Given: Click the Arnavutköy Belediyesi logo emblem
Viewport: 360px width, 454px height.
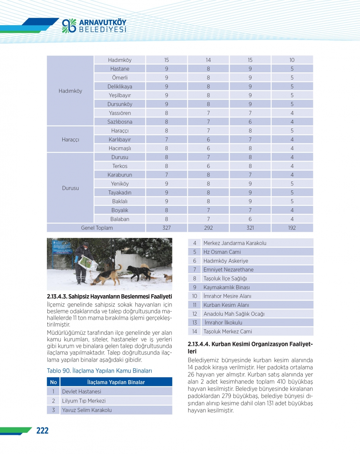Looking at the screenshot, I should point(69,26).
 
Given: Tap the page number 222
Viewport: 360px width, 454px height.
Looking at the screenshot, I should point(42,431).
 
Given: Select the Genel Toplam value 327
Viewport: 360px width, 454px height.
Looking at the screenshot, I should point(166,228).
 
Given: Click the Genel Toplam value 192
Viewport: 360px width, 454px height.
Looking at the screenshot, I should point(292,228).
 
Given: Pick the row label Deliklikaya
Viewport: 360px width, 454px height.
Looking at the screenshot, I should point(120,86).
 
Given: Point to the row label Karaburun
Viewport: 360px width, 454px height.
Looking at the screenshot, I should point(120,175).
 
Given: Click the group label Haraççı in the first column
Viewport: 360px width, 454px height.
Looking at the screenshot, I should point(70,140).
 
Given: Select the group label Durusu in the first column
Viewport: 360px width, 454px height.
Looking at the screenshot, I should point(70,188).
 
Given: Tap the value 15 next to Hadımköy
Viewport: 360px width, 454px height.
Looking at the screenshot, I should point(166,60).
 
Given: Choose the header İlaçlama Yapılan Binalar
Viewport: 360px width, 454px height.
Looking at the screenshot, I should point(116,382).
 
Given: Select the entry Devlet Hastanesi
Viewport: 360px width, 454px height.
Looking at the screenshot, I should point(82,392).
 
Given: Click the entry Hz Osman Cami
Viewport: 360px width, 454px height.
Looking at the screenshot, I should point(222,252).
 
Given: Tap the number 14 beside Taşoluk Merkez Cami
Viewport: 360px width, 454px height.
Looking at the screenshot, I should point(195,332).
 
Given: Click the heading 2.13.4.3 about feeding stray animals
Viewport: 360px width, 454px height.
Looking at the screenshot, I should point(109,297).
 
